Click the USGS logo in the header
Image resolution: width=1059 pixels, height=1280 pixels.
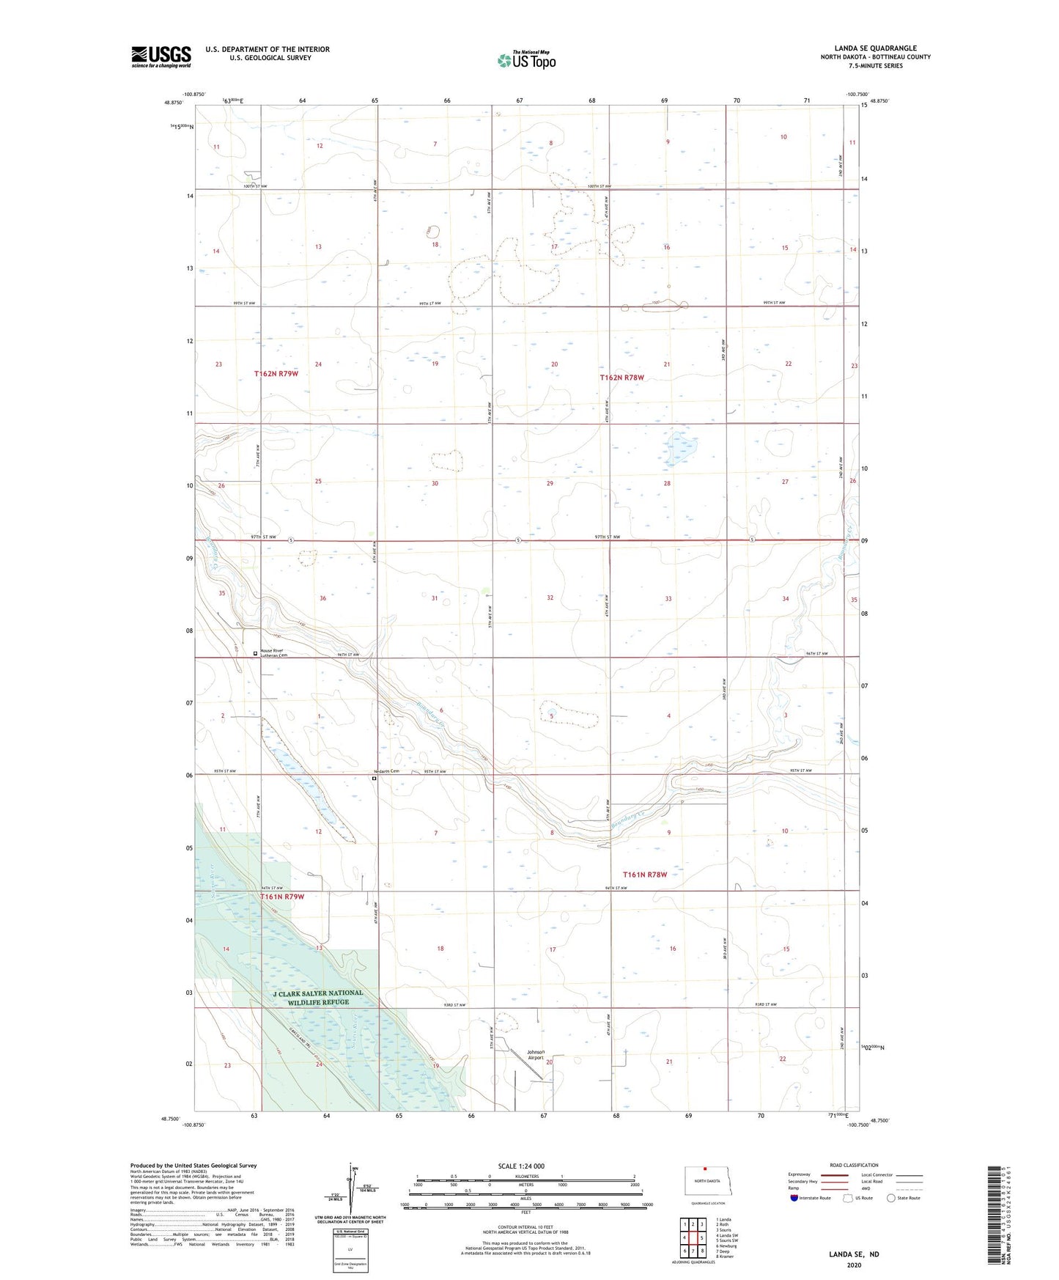[x=161, y=56]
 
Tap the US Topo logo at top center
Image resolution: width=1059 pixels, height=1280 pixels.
[x=526, y=60]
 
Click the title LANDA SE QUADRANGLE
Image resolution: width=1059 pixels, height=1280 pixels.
[x=875, y=48]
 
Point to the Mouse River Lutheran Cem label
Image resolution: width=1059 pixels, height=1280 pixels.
[x=271, y=652]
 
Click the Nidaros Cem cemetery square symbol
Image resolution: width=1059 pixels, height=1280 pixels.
[x=374, y=779]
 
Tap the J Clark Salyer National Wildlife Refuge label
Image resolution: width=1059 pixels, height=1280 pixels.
[x=318, y=997]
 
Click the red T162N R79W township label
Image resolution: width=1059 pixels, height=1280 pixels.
[x=276, y=374]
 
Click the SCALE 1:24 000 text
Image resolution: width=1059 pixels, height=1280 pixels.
[x=521, y=1166]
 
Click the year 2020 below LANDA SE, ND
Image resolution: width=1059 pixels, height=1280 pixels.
[x=854, y=1265]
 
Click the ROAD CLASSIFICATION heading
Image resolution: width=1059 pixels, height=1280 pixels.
[x=854, y=1165]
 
